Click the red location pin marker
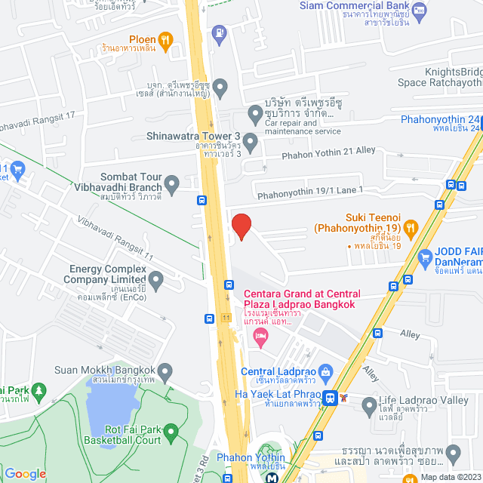(x=241, y=226)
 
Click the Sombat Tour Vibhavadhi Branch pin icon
(x=172, y=182)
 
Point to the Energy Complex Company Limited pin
(x=156, y=281)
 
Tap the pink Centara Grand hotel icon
(x=261, y=334)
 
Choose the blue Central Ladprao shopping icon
(x=326, y=371)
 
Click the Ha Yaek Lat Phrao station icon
(x=330, y=397)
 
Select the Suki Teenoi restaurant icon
(x=411, y=226)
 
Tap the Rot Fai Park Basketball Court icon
(x=171, y=432)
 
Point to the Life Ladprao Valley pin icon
(x=369, y=407)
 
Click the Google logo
(x=25, y=473)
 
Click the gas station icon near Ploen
(x=219, y=32)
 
